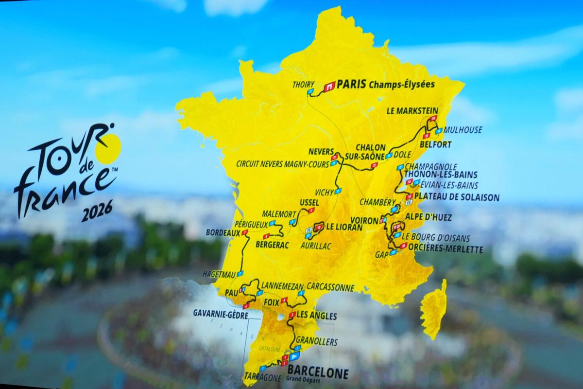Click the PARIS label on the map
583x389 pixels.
[x=351, y=84]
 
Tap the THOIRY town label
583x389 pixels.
[x=304, y=84]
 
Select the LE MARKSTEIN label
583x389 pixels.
[x=412, y=110]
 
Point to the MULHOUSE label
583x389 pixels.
[x=463, y=130]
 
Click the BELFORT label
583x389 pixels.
[x=436, y=144]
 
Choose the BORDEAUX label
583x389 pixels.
[x=223, y=233]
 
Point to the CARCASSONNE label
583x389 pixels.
[x=330, y=287]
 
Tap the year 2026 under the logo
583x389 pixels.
[x=97, y=211]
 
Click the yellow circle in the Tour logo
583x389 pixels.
[x=108, y=148]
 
